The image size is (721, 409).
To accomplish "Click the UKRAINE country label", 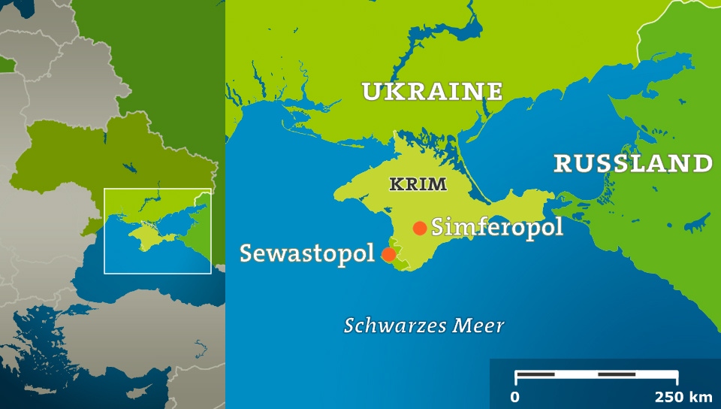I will [x=432, y=92].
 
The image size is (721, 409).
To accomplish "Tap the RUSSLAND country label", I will [x=632, y=163].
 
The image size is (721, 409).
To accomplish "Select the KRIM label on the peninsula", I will [x=418, y=184].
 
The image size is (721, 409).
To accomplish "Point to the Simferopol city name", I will [x=497, y=227].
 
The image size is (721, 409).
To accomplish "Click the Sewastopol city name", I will [x=306, y=253].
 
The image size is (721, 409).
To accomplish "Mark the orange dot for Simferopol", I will [x=420, y=228].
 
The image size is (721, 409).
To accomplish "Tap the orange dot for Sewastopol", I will [x=389, y=254].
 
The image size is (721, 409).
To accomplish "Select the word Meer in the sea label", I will [x=479, y=326].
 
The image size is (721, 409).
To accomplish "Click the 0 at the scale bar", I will [x=514, y=396].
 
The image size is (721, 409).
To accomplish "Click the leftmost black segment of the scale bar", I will [x=535, y=374].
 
